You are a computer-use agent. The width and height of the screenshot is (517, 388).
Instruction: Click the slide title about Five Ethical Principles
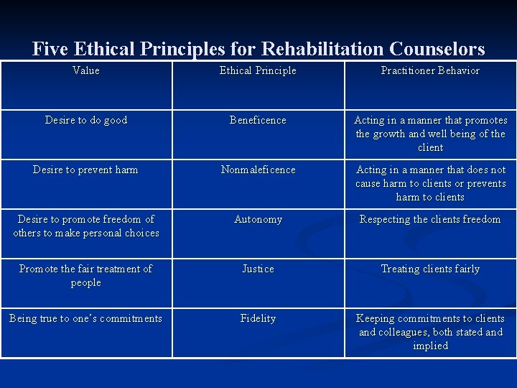tap(258, 49)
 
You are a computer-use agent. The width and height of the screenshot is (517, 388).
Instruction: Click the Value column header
tap(86, 70)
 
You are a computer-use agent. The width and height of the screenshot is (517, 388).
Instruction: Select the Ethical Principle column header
tap(258, 70)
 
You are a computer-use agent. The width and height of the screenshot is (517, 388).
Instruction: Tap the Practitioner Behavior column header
tap(430, 70)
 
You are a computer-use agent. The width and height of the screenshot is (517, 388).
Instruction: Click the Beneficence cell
tap(258, 120)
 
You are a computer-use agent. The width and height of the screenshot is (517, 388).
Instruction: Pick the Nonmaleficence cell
tap(258, 170)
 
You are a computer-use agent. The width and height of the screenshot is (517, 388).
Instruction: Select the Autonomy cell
tap(258, 219)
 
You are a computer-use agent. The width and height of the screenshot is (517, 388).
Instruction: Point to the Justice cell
tap(258, 269)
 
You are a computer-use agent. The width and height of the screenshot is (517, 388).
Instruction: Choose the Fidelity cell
tap(258, 318)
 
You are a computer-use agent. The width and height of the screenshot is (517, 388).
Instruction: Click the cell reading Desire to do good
tap(86, 120)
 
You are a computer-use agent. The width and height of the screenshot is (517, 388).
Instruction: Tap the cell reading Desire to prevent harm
tap(86, 170)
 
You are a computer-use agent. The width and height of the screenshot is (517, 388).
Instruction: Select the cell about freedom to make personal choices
tap(86, 226)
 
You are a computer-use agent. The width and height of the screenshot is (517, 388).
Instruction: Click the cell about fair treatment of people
tap(86, 275)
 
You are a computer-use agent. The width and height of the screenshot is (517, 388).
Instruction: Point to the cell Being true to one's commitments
tap(86, 318)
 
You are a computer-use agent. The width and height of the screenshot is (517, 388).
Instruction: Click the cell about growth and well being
tap(431, 134)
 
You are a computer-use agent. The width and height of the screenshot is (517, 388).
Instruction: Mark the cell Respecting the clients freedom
tap(430, 219)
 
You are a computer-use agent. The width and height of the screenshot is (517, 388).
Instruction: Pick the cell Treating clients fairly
tap(430, 269)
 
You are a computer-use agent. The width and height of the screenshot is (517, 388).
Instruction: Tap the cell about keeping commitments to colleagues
tap(431, 332)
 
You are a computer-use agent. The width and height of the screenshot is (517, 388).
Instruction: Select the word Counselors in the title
tap(437, 49)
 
